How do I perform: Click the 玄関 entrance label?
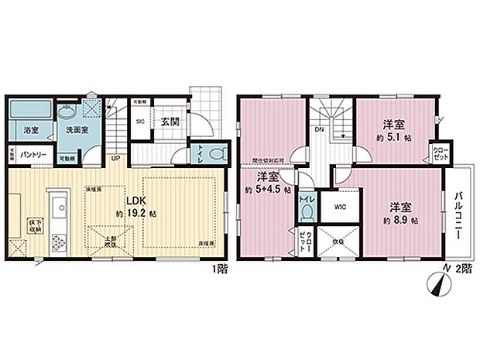coord(171,122)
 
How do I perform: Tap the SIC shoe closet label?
coord(141,122)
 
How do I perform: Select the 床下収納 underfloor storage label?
coord(34,222)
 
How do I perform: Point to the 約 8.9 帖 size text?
coord(399,221)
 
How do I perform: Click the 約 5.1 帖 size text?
coord(395,136)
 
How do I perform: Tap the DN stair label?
coord(318,130)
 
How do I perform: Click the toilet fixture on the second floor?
coord(307,210)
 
